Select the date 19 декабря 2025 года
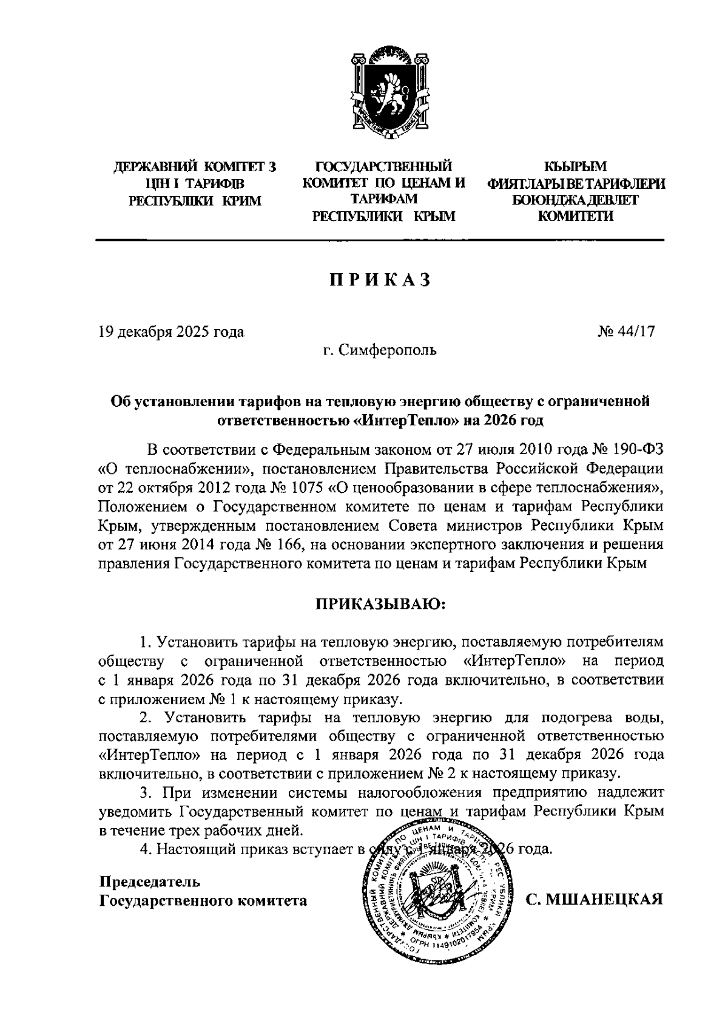[172, 332]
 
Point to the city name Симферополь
[387, 350]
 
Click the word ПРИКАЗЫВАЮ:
[380, 604]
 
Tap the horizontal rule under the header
[380, 240]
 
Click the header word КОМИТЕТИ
[576, 216]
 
